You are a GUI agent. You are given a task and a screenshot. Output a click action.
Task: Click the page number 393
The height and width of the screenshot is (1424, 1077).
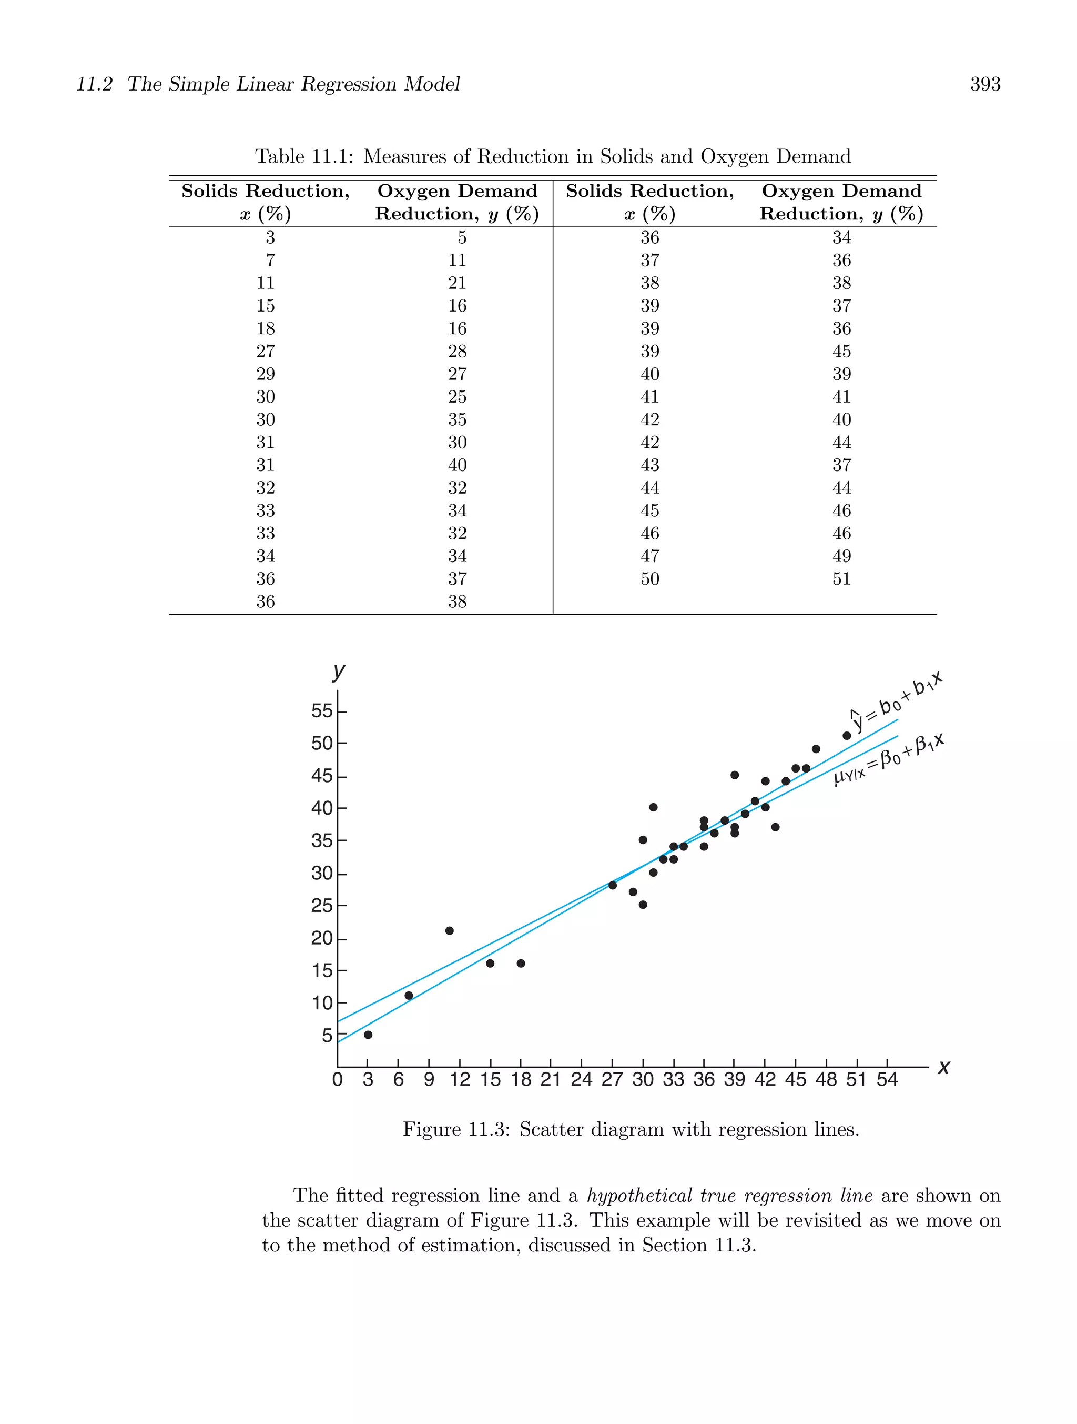click(x=985, y=84)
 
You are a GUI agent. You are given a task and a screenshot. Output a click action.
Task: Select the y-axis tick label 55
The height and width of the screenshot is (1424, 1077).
click(x=322, y=711)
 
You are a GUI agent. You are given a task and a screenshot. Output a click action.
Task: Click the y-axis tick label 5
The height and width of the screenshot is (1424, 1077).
click(x=327, y=1035)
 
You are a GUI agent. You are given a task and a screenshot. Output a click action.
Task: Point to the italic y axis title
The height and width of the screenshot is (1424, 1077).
click(x=339, y=671)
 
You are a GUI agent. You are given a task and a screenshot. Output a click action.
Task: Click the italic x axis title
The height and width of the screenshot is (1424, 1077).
click(x=943, y=1067)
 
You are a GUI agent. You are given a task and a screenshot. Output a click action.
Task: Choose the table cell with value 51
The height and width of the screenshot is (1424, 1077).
click(x=841, y=579)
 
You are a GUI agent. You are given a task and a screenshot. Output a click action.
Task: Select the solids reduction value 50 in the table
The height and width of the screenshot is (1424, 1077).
click(x=650, y=579)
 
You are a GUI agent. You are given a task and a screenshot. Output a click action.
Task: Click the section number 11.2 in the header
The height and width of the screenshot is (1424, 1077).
click(x=95, y=84)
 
